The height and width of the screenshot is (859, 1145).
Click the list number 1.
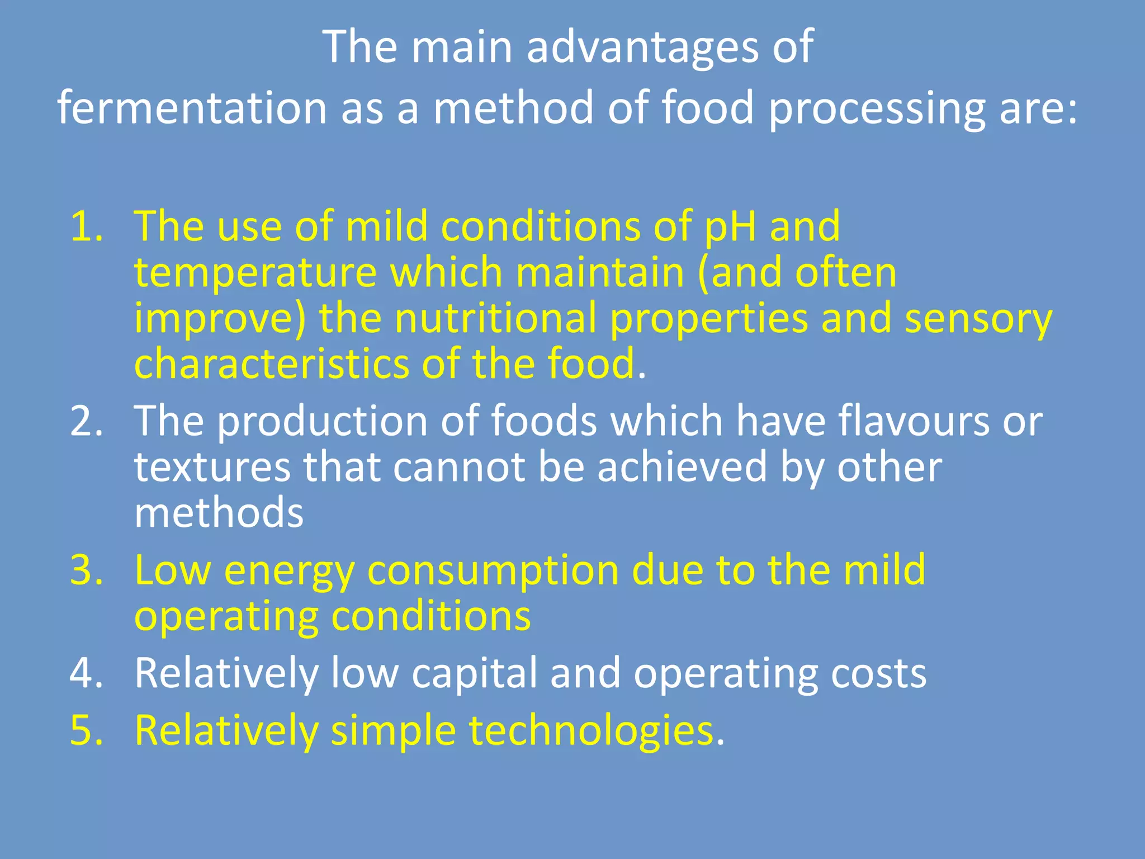click(x=87, y=226)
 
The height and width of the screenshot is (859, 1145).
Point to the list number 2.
click(x=87, y=421)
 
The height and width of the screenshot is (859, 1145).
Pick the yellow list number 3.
click(x=87, y=570)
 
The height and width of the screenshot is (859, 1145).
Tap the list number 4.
click(x=87, y=673)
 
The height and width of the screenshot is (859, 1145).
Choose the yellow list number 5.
click(x=87, y=730)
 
